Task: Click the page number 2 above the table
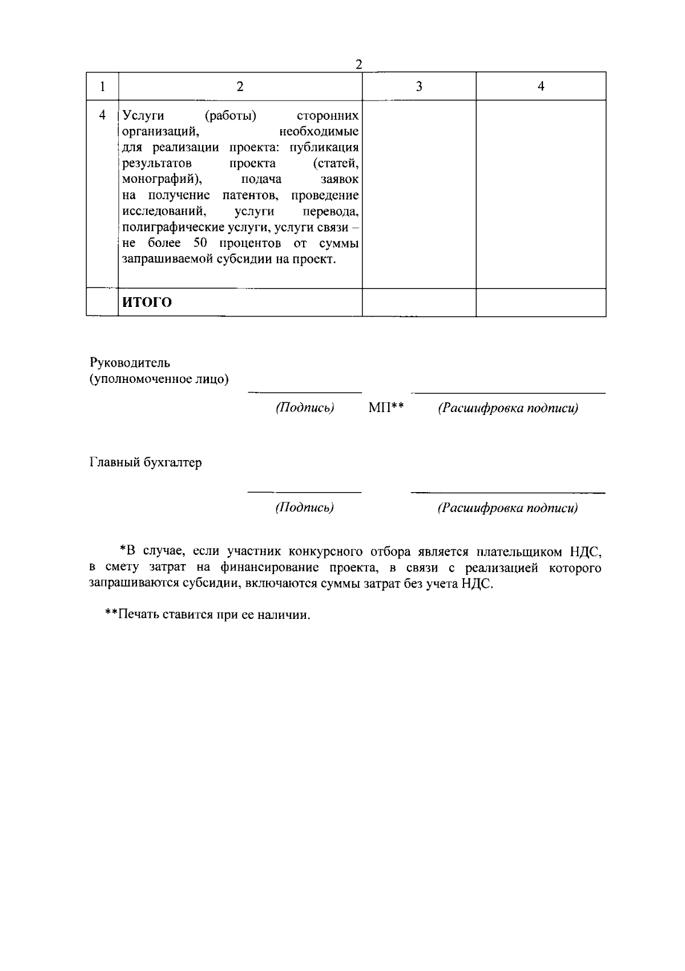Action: point(358,64)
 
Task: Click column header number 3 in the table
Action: point(419,86)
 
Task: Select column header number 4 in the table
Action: point(541,86)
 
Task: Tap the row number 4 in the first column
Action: point(102,115)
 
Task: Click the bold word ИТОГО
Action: point(147,302)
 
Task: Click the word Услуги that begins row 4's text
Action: point(144,116)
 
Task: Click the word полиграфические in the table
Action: point(167,227)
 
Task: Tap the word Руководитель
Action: point(130,363)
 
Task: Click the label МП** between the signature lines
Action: point(386,408)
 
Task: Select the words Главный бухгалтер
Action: point(146,463)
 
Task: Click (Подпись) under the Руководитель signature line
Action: point(304,408)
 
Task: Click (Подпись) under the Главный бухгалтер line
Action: point(304,508)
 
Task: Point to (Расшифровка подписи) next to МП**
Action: point(507,408)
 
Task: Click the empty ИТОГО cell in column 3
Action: point(419,302)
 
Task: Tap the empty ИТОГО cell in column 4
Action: point(541,302)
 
